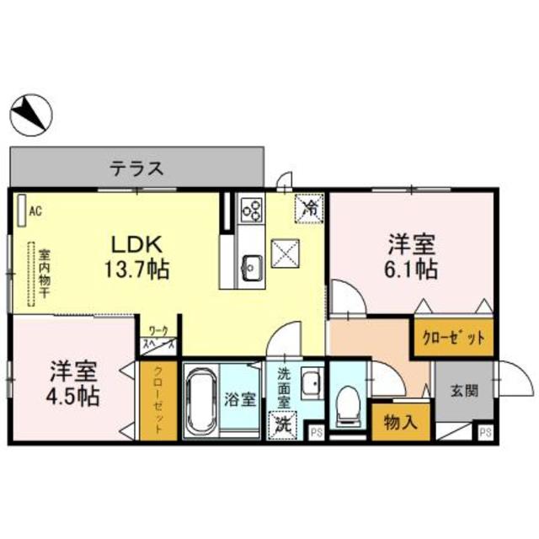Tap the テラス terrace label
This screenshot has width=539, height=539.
pyautogui.click(x=136, y=167)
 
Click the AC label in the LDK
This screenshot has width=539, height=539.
pyautogui.click(x=35, y=211)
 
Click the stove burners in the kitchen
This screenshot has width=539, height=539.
pyautogui.click(x=252, y=208)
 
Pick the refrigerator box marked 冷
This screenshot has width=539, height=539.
pyautogui.click(x=308, y=208)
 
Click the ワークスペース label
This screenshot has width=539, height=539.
pyautogui.click(x=159, y=338)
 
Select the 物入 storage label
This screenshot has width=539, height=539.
pyautogui.click(x=400, y=421)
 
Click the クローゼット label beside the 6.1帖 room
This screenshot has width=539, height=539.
pyautogui.click(x=452, y=338)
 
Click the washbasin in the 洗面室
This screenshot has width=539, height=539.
pyautogui.click(x=312, y=381)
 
